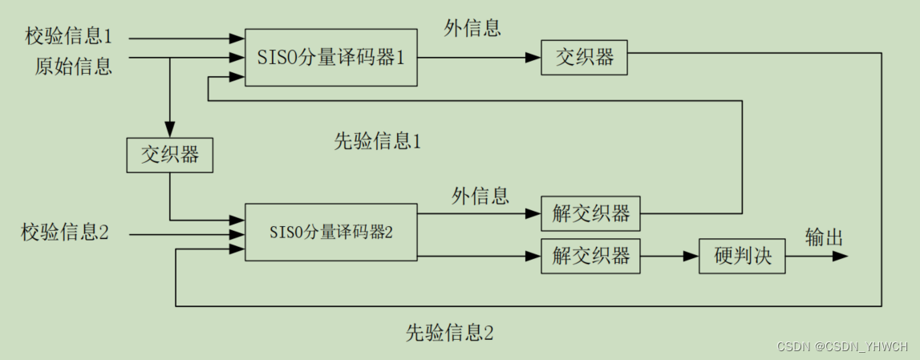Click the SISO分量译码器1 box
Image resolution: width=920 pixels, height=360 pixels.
[330, 58]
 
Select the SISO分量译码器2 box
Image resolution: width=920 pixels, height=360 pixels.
[330, 232]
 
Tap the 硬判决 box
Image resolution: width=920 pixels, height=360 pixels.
[742, 257]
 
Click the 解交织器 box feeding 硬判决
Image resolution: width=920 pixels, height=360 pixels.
[591, 257]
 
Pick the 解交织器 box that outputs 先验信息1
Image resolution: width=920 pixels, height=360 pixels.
[591, 214]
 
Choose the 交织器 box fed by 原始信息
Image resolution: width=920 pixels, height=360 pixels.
[170, 155]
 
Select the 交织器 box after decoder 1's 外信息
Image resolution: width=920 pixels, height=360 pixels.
[584, 58]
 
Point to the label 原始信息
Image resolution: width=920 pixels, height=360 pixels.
[73, 65]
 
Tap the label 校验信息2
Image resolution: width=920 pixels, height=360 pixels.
[64, 234]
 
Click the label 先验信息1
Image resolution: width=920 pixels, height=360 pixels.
[377, 143]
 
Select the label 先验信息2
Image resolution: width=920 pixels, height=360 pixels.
[449, 332]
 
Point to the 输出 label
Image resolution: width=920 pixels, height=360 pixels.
[824, 237]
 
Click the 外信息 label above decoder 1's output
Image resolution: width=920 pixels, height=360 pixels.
[472, 28]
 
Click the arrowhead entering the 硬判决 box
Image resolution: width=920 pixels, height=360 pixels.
[691, 257]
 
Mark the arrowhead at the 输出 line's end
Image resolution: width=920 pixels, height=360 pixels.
[841, 257]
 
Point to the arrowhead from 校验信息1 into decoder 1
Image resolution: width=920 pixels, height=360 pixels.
[237, 37]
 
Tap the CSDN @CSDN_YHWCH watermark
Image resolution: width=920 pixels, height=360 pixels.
[842, 346]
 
